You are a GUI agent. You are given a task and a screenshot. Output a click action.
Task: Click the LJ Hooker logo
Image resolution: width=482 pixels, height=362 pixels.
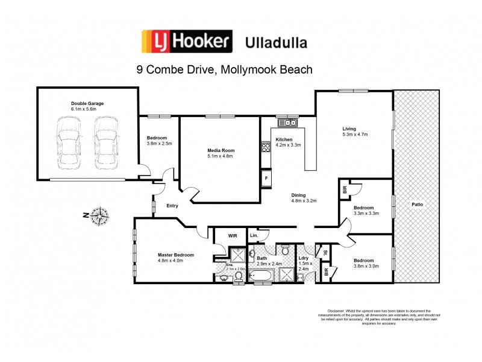[186, 42]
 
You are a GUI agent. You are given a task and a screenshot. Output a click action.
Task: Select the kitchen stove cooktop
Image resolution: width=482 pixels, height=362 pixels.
[265, 145]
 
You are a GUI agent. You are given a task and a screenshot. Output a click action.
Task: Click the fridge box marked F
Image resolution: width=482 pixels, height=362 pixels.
[265, 179]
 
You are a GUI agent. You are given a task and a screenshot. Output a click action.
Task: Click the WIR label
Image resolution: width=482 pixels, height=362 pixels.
[231, 236]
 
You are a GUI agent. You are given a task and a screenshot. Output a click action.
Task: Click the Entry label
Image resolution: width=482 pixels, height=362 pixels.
[172, 206]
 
